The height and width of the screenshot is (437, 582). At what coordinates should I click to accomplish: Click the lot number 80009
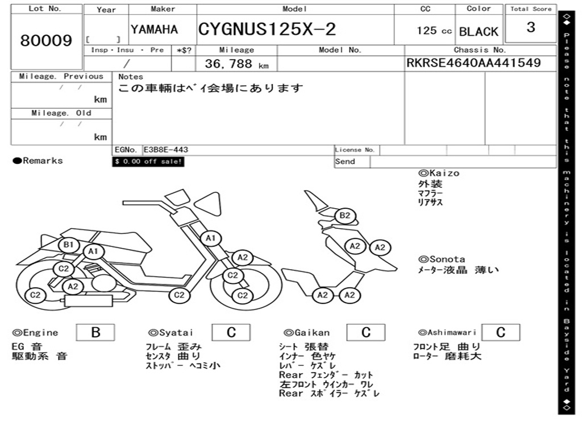pos(46,40)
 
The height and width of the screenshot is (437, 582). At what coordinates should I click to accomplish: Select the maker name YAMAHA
pos(154,30)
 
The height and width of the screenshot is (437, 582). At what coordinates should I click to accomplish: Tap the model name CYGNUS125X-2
pos(267,29)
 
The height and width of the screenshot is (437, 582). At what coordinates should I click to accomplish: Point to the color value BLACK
pos(479,32)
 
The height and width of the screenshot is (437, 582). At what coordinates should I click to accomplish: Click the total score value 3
pos(531,27)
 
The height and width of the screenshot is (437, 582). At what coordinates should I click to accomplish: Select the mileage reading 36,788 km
pos(236,64)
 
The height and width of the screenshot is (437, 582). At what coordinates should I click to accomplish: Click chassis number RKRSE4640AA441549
pos(473,63)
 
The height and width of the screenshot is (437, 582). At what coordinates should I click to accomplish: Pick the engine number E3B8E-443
pos(166,150)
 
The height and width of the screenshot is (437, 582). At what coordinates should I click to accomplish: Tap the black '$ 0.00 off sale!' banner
pos(148,162)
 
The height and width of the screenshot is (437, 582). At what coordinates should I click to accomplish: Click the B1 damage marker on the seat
pos(69,245)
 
